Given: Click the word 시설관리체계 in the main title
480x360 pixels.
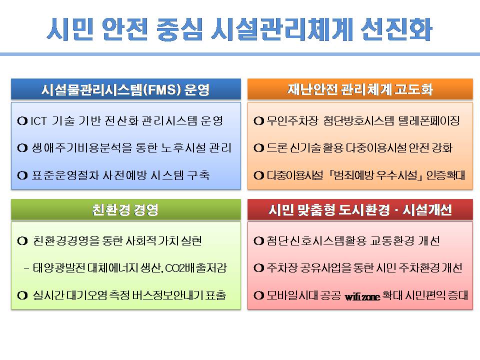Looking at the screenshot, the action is [282, 29].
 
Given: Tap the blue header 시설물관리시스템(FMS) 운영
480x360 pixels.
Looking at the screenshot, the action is [126, 89].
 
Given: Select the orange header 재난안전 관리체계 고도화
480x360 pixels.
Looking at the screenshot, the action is [360, 89].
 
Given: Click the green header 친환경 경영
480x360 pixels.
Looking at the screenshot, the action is [126, 210].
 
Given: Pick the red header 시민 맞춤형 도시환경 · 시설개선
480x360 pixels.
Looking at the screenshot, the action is [360, 210].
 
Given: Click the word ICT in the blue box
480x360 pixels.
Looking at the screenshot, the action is [38, 121].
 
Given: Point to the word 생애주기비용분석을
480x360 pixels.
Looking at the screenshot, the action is [82, 148].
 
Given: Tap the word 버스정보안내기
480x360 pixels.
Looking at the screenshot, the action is [168, 295].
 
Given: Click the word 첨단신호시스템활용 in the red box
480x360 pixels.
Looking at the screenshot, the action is [316, 241].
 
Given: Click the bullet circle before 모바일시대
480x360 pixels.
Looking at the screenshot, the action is [258, 295].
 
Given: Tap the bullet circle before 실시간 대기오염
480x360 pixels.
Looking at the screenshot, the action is [22, 295].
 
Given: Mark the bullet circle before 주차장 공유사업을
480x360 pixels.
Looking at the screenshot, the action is [258, 268].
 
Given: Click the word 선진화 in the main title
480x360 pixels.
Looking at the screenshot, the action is [396, 29].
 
